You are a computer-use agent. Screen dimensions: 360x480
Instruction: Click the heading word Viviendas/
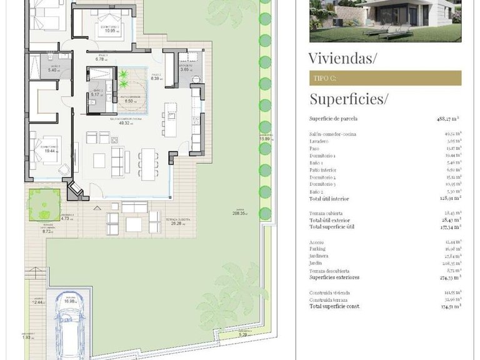tap(343, 59)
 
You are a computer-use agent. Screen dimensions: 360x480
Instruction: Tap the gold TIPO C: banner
tap(385, 78)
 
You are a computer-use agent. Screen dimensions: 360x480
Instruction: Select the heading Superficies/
tap(349, 99)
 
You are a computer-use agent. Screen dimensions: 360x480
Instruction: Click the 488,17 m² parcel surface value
tap(448, 118)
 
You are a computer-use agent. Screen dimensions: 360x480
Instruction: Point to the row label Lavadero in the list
tap(320, 142)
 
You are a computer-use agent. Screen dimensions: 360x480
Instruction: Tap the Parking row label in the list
tap(319, 249)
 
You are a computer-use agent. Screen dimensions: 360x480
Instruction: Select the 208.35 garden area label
tap(238, 213)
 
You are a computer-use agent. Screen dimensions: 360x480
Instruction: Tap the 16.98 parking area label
tap(69, 301)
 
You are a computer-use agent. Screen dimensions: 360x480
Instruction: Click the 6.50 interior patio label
tap(131, 101)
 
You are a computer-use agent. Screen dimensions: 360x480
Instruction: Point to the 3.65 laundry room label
tap(186, 69)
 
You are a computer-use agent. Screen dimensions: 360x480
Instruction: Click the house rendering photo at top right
tap(385, 21)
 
